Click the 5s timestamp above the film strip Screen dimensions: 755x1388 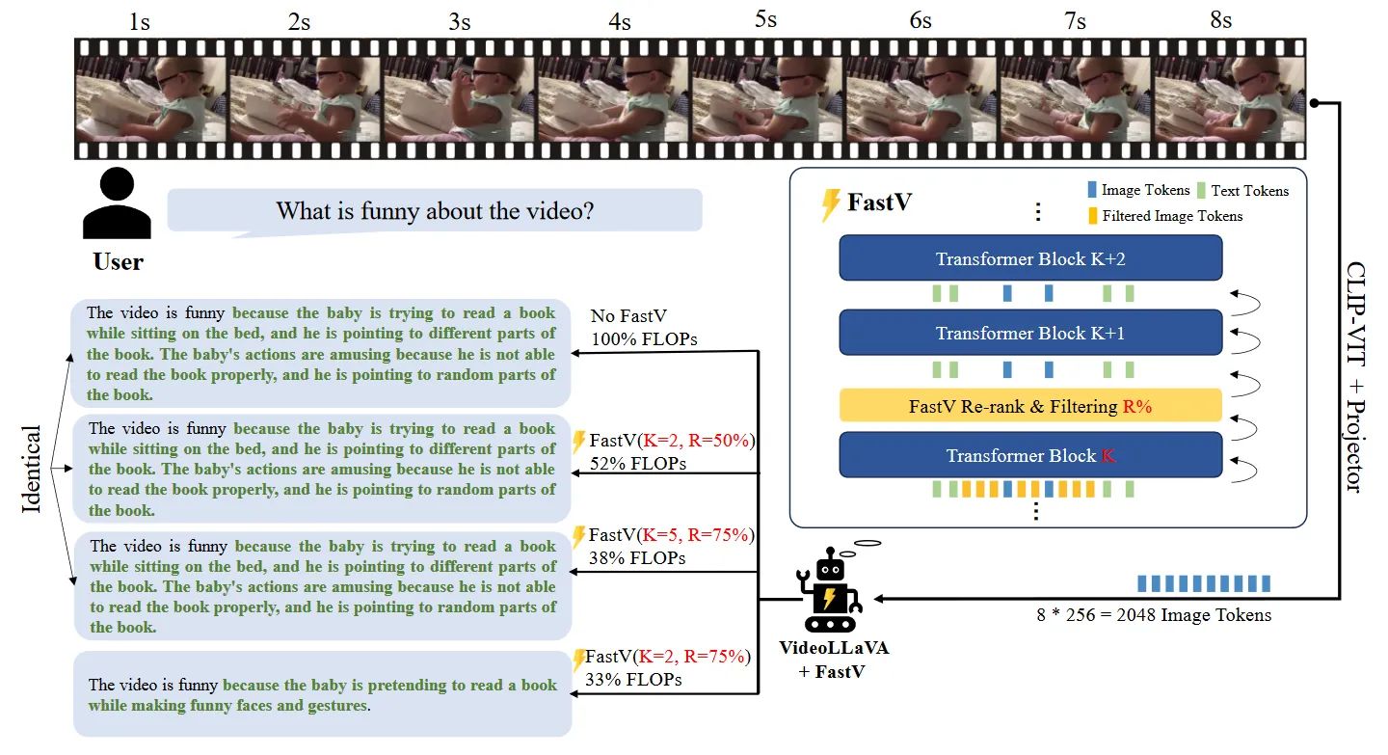pyautogui.click(x=765, y=19)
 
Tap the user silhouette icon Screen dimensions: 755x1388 pyautogui.click(x=117, y=204)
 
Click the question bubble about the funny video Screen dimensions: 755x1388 pyautogui.click(x=435, y=210)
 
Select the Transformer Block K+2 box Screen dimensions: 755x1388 pyautogui.click(x=1030, y=258)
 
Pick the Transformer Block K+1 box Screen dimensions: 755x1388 pyautogui.click(x=1030, y=334)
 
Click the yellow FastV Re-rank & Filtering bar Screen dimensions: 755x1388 pyautogui.click(x=1030, y=406)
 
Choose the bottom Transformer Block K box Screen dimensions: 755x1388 pyautogui.click(x=1030, y=455)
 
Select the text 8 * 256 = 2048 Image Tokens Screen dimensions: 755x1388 pyautogui.click(x=1154, y=615)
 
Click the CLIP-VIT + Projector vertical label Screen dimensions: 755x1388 pyautogui.click(x=1353, y=376)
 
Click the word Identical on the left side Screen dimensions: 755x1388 pyautogui.click(x=32, y=469)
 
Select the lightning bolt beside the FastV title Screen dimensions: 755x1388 pyautogui.click(x=829, y=204)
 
